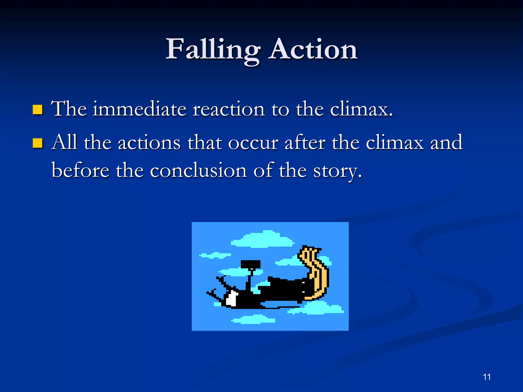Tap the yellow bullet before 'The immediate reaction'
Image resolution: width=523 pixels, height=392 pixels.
(38, 110)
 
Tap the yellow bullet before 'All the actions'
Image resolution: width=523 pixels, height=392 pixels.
(38, 143)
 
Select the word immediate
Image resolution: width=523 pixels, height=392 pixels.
(139, 109)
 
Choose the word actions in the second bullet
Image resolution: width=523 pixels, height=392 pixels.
(149, 143)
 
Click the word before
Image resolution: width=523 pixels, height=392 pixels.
(80, 170)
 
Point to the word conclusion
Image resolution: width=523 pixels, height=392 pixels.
(198, 170)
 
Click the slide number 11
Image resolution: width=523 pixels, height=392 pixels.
(487, 377)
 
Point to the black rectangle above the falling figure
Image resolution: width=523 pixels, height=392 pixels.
(251, 264)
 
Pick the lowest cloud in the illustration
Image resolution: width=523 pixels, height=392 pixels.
(254, 320)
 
